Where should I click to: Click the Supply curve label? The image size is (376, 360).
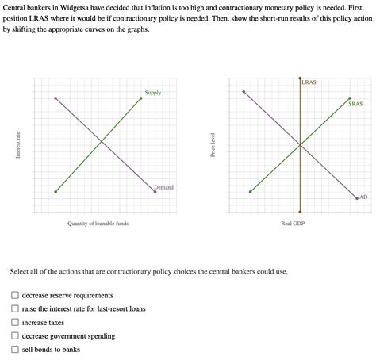click(x=153, y=93)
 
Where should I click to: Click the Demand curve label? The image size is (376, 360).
click(x=163, y=187)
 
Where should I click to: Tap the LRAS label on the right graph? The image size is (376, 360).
click(x=309, y=82)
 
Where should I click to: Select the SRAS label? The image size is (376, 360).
click(x=355, y=104)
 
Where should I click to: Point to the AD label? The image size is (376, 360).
click(x=363, y=197)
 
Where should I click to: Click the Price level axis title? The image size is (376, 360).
click(x=213, y=144)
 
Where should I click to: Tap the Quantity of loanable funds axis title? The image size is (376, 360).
click(x=98, y=224)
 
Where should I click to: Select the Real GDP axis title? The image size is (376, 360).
click(x=293, y=224)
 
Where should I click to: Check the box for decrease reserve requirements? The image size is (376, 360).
click(x=15, y=296)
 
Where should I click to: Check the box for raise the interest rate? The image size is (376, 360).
click(x=15, y=309)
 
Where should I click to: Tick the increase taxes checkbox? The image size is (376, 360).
click(x=15, y=323)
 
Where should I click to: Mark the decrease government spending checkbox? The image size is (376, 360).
click(x=15, y=336)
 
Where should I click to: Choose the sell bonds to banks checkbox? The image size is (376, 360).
click(x=15, y=350)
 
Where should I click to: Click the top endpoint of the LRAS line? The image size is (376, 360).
click(x=300, y=78)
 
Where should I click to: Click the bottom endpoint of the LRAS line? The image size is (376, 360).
click(x=300, y=212)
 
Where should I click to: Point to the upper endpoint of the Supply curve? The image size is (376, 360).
click(x=141, y=98)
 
